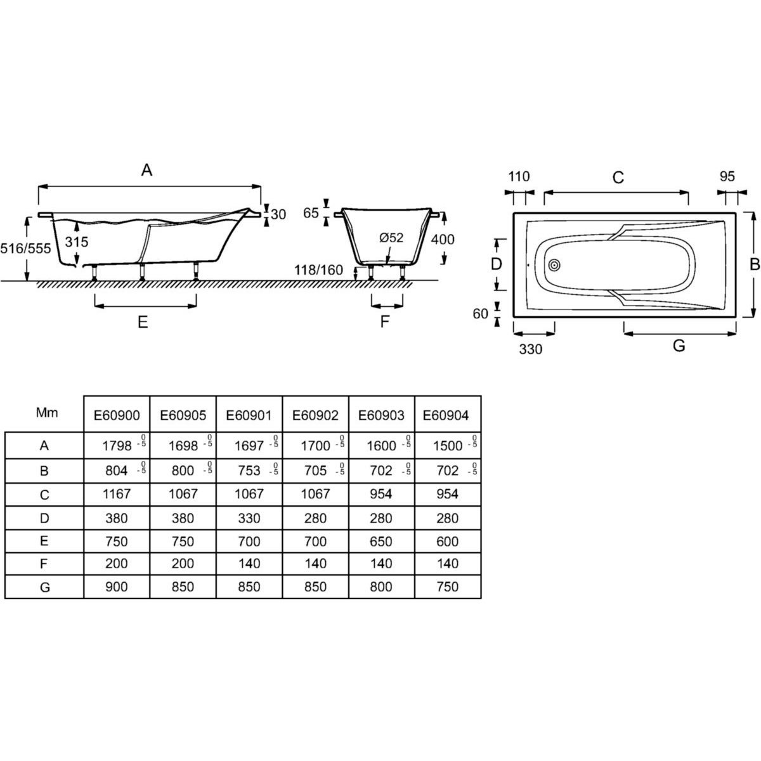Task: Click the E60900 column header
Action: coord(117,415)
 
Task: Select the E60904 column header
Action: coord(447,415)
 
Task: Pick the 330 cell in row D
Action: coord(249,518)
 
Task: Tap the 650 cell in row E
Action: coord(381,542)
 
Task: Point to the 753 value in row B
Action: coord(249,471)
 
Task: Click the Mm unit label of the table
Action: coord(47,413)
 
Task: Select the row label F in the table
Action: coord(44,563)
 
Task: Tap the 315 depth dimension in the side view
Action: coord(76,242)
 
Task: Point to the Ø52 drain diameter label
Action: coord(391,238)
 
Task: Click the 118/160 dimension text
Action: coord(320,271)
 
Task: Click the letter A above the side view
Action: coord(147,170)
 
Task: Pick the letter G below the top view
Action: coord(679,346)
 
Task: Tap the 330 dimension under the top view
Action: coord(531,349)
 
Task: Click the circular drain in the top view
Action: coord(555,265)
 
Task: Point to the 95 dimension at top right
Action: coord(727,176)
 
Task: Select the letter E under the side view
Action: coord(143,322)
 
